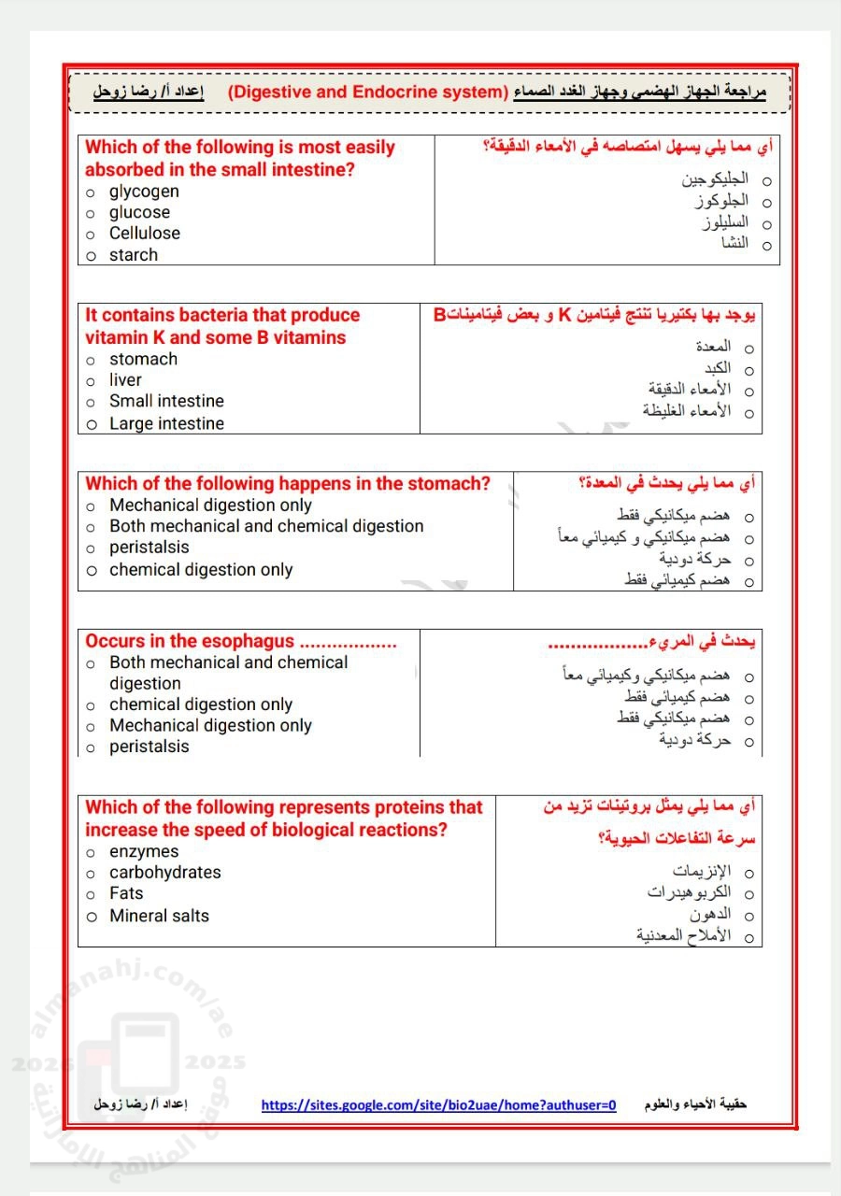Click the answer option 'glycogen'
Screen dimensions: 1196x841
coord(144,192)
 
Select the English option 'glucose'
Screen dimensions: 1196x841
coord(139,213)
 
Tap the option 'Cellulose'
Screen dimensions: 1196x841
coord(144,234)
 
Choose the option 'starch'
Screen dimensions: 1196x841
coord(133,255)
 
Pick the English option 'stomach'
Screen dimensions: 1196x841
coord(143,360)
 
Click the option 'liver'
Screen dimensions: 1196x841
coord(125,380)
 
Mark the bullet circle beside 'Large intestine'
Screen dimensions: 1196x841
coord(92,424)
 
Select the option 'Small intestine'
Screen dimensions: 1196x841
coord(166,402)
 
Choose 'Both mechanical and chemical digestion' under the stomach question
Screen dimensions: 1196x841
coord(266,526)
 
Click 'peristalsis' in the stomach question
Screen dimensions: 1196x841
coord(149,548)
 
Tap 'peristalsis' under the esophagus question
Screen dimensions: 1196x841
coord(149,747)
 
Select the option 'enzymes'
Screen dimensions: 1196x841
coord(143,852)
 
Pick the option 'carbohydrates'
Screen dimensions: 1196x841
coord(164,873)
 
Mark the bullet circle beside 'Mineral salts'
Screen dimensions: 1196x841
coord(92,917)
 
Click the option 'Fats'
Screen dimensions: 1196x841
coord(126,893)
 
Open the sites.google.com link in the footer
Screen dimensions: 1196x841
coord(438,1105)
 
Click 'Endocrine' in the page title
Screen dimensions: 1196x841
coord(396,92)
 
